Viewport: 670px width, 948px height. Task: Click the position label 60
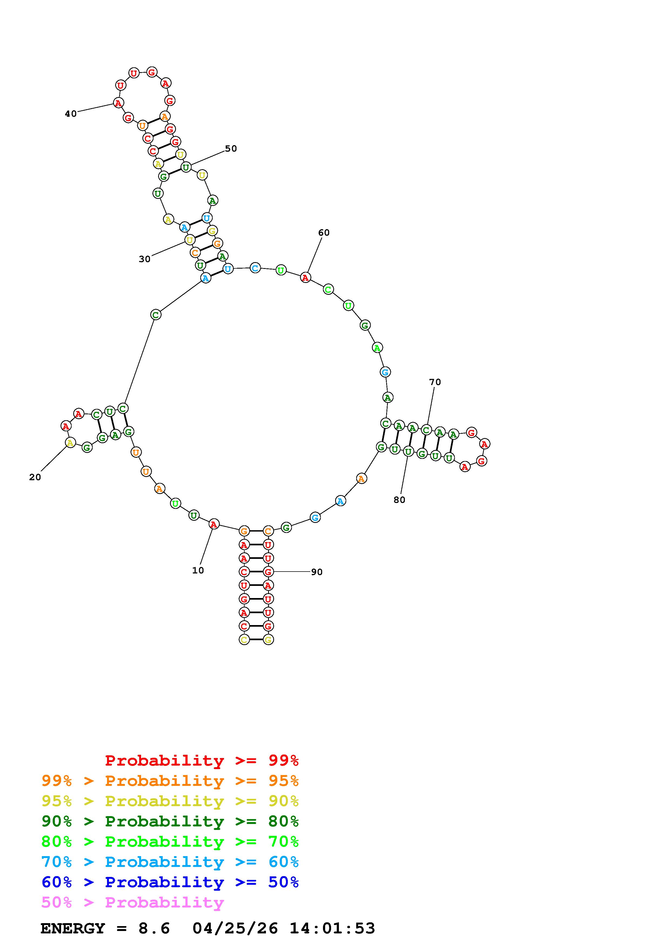[x=324, y=233]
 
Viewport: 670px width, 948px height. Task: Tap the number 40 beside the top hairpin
[x=71, y=114]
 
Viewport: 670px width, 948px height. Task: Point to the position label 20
[x=35, y=477]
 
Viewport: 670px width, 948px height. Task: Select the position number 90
[x=317, y=572]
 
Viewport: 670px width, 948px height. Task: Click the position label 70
[x=435, y=382]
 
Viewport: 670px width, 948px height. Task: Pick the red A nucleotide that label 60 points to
[x=305, y=278]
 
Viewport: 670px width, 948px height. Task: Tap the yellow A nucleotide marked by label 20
[x=71, y=443]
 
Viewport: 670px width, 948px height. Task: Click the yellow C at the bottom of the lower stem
[x=244, y=640]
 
